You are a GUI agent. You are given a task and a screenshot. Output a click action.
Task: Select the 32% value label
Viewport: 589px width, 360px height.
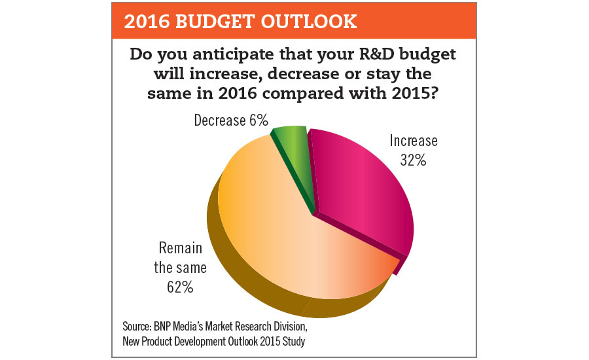click(x=414, y=159)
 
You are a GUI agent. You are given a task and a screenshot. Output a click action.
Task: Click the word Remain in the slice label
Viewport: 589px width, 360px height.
click(x=181, y=249)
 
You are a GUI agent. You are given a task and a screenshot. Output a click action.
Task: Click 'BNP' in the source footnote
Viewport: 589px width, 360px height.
click(x=172, y=325)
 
